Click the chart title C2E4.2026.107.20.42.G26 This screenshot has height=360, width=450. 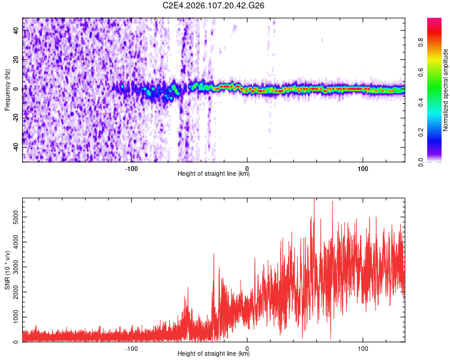[x=214, y=5]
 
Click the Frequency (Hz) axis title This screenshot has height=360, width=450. [x=7, y=89]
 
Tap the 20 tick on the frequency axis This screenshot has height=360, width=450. [x=16, y=59]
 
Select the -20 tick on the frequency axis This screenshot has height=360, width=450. [x=15, y=118]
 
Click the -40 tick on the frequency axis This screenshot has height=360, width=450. [x=15, y=146]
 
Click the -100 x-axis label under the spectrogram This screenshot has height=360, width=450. [x=132, y=168]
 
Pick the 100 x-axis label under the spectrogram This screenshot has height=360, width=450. [x=362, y=168]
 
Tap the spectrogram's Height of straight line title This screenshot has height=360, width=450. [x=214, y=174]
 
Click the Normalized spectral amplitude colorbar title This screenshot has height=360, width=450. [x=446, y=89]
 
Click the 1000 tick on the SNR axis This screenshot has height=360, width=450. [x=13, y=317]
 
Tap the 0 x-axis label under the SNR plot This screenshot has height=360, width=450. [x=248, y=348]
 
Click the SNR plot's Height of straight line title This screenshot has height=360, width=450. [x=214, y=354]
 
